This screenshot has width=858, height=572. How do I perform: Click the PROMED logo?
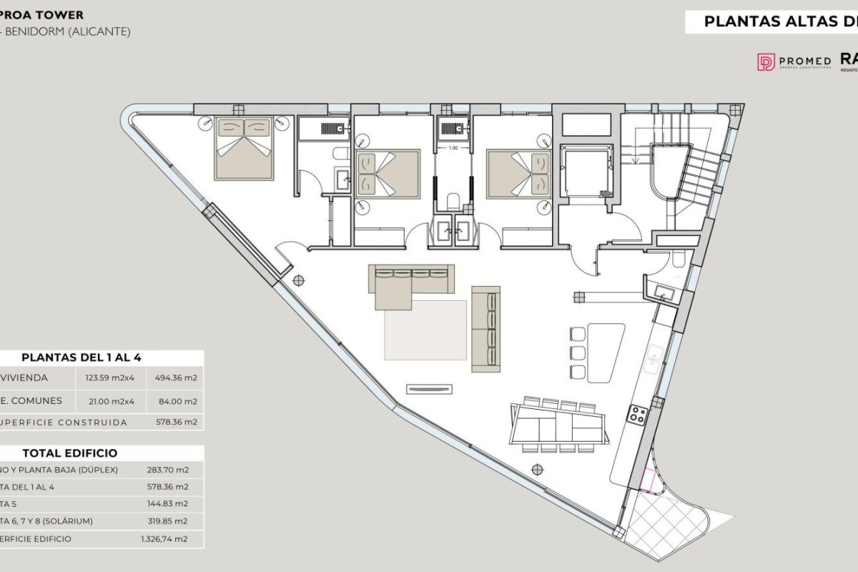click(794, 62)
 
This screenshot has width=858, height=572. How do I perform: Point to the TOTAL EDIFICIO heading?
click(70, 453)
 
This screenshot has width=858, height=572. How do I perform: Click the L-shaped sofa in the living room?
click(408, 282)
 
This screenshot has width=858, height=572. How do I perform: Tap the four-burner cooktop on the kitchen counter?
click(637, 413)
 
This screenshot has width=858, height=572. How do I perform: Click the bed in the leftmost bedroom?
click(244, 148)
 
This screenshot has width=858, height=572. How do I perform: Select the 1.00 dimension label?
click(453, 148)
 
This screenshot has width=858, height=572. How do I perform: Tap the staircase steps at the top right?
click(697, 179)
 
